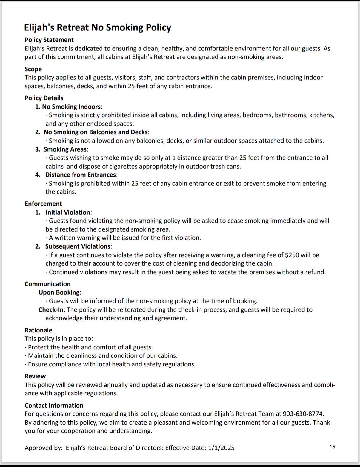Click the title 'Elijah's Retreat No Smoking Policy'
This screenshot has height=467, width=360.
pyautogui.click(x=98, y=27)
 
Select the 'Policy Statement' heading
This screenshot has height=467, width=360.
pyautogui.click(x=49, y=40)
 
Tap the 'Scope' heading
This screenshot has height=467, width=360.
pyautogui.click(x=33, y=69)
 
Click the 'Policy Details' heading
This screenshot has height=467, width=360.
pyautogui.click(x=44, y=98)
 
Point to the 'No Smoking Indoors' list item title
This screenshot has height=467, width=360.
pyautogui.click(x=71, y=107)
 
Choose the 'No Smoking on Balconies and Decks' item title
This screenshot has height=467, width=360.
pyautogui.click(x=96, y=132)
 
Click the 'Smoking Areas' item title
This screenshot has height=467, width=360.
pyautogui.click(x=65, y=149)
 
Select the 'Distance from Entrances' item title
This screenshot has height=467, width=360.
pyautogui.click(x=81, y=175)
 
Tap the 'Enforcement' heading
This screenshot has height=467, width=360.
pyautogui.click(x=43, y=204)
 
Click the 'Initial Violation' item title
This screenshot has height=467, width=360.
pyautogui.click(x=68, y=212)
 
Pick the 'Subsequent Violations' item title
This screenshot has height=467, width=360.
pyautogui.click(x=78, y=246)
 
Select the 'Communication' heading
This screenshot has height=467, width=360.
pyautogui.click(x=47, y=284)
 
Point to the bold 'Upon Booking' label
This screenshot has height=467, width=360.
pyautogui.click(x=59, y=292)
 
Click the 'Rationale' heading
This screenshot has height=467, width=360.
pyautogui.click(x=38, y=330)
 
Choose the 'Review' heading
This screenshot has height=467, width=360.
pyautogui.click(x=35, y=376)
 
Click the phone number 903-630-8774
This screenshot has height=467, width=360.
pyautogui.click(x=303, y=414)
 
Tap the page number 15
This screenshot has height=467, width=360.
pyautogui.click(x=332, y=447)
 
